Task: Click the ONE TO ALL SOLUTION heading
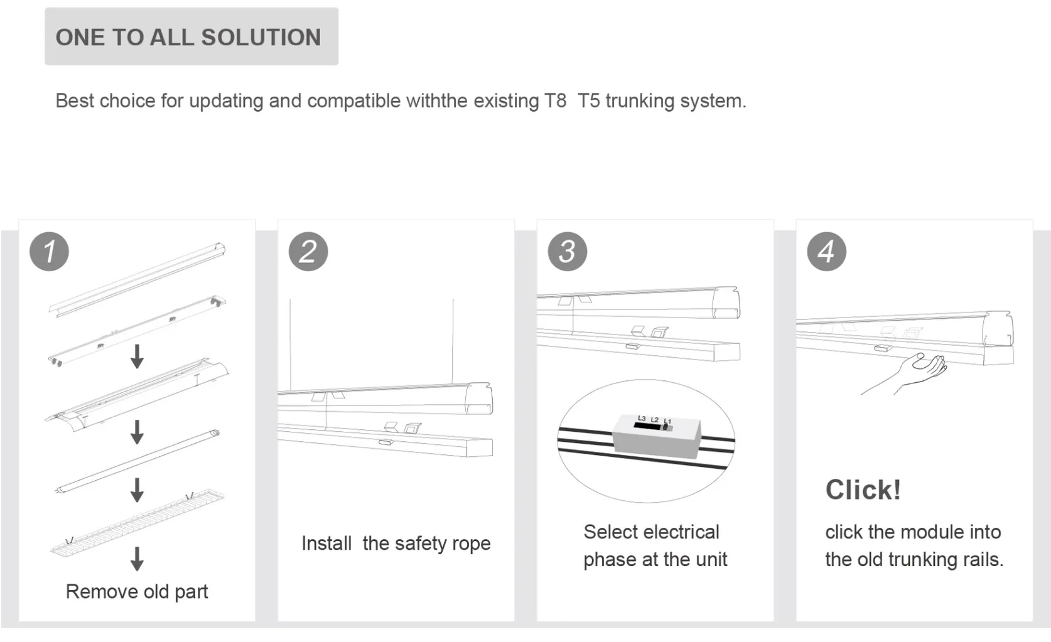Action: pos(188,37)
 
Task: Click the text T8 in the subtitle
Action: pos(556,100)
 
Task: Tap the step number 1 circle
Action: pos(49,252)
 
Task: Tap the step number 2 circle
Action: pos(308,252)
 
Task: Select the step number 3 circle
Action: pos(567,252)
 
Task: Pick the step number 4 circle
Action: pos(826,252)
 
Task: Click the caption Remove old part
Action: pos(136,591)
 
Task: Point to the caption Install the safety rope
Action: pos(396,543)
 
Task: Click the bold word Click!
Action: pos(863,490)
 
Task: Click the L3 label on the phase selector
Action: pos(641,418)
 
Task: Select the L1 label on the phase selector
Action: pos(667,421)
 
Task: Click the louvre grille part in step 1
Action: pos(137,522)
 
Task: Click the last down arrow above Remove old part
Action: pos(137,558)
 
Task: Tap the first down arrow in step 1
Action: pos(137,356)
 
